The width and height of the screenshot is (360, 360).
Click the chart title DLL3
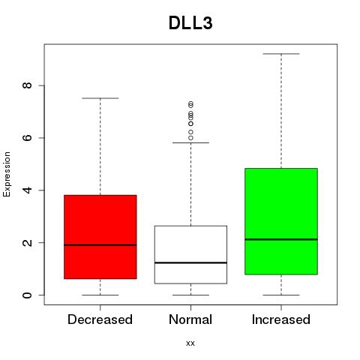[x=190, y=23]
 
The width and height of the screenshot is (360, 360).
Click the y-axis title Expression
[x=7, y=174]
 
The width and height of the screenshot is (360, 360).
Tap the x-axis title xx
[x=190, y=343]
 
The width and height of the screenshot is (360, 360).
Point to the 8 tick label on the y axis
[x=28, y=85]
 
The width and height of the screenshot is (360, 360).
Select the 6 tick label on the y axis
[x=28, y=138]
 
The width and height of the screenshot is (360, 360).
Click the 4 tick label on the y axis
[x=28, y=190]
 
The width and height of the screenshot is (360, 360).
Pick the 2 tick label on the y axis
[x=28, y=242]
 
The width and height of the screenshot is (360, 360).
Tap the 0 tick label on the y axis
[x=28, y=295]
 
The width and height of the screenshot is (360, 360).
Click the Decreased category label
[x=100, y=319]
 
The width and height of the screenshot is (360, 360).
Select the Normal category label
[x=190, y=319]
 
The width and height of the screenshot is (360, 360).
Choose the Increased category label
[x=281, y=319]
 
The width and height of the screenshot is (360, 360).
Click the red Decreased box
[x=100, y=237]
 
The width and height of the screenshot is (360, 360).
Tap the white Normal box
[x=190, y=254]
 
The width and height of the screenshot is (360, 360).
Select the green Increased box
[x=281, y=221]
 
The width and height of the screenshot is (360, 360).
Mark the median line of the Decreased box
[x=100, y=245]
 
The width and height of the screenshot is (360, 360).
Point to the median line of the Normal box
[x=190, y=262]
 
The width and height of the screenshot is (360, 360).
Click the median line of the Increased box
[x=281, y=239]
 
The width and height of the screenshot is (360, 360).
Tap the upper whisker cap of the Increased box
[x=281, y=54]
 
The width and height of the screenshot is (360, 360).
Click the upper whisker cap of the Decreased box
[x=100, y=98]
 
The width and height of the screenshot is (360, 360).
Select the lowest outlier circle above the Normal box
[x=190, y=138]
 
